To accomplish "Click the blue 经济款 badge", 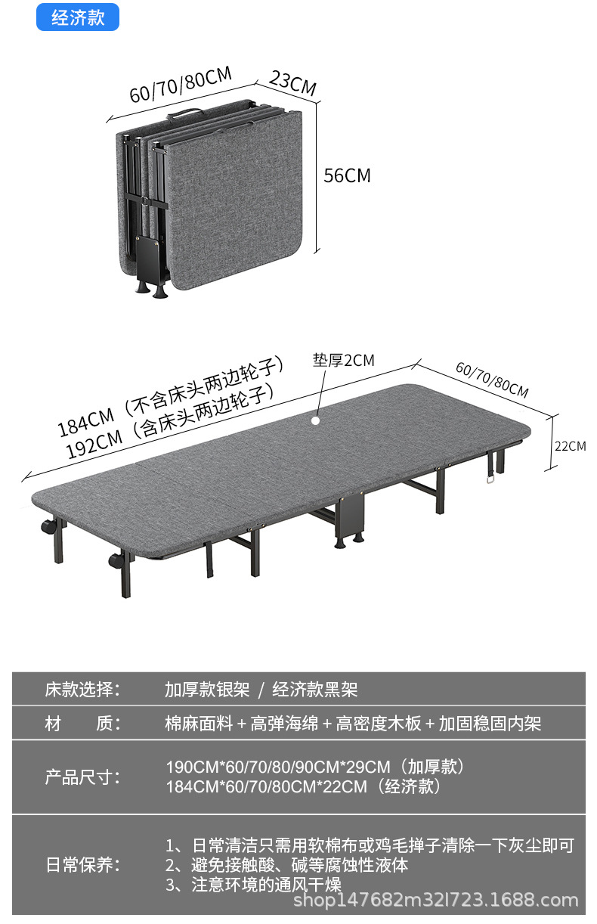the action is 78,18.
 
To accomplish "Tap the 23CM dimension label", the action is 293,84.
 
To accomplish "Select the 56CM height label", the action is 348,175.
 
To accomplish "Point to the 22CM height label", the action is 571,446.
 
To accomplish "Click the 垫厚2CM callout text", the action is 344,360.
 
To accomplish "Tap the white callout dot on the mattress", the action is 316,417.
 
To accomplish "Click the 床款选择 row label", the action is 82,690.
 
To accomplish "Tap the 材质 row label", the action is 82,724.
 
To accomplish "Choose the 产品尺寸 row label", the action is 82,777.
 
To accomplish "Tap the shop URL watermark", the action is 435,900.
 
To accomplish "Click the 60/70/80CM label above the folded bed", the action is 181,84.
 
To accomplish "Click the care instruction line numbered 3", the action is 253,885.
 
